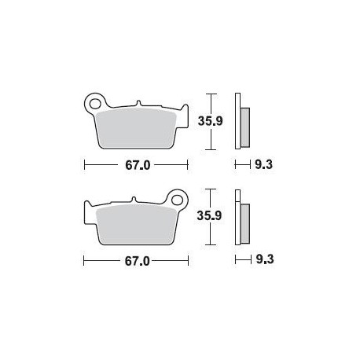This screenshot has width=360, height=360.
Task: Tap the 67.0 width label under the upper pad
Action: click(x=136, y=166)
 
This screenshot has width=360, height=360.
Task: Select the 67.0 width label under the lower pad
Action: click(x=136, y=259)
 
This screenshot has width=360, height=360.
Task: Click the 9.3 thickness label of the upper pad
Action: click(x=262, y=166)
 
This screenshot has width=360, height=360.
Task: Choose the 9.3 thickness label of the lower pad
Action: click(x=262, y=259)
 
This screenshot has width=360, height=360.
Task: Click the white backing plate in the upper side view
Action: click(x=238, y=122)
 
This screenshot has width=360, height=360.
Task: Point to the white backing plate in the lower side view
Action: click(x=238, y=217)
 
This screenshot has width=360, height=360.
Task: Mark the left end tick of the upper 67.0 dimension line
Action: click(x=84, y=166)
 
